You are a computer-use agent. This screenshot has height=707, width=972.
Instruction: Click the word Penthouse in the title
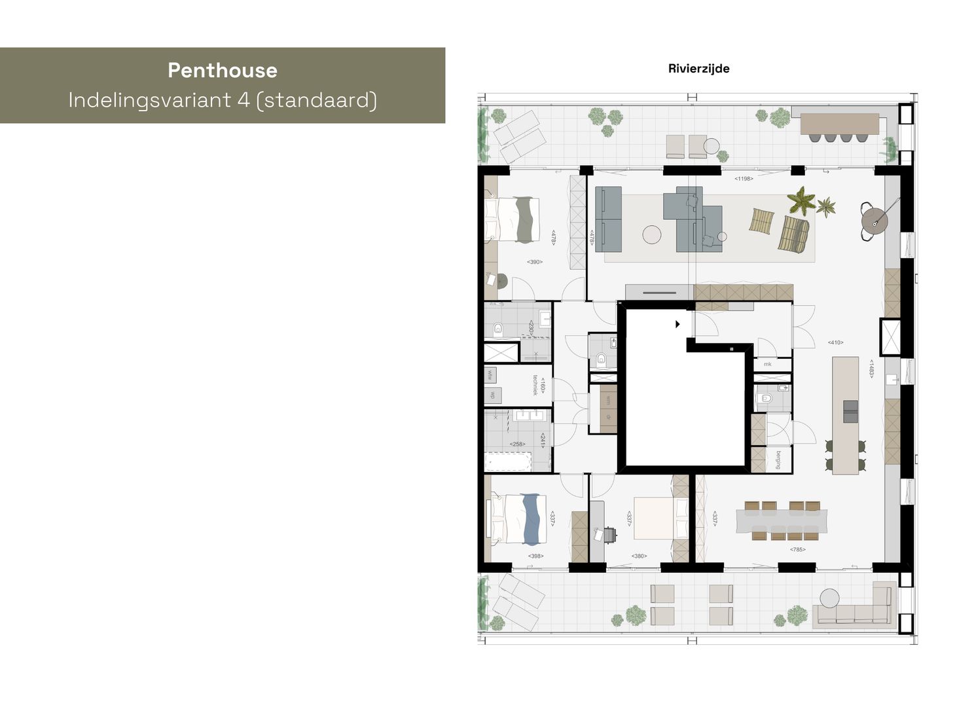pyautogui.click(x=223, y=70)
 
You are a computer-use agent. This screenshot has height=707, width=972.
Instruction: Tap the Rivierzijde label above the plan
pyautogui.click(x=698, y=69)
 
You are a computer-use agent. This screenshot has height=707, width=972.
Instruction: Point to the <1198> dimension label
pyautogui.click(x=743, y=178)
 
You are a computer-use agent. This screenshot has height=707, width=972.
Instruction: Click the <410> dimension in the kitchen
pyautogui.click(x=835, y=342)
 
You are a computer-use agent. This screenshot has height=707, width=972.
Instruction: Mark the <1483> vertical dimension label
pyautogui.click(x=871, y=369)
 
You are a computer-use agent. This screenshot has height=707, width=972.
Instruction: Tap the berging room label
pyautogui.click(x=778, y=460)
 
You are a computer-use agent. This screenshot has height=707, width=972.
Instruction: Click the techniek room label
pyautogui.click(x=535, y=385)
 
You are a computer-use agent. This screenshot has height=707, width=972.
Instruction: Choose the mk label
pyautogui.click(x=767, y=364)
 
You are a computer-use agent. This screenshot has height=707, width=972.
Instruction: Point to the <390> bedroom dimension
pyautogui.click(x=535, y=262)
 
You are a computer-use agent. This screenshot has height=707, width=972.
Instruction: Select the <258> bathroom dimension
pyautogui.click(x=518, y=444)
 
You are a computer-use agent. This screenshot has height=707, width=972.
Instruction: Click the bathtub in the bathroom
pyautogui.click(x=508, y=463)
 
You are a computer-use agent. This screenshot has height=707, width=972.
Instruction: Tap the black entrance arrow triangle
pyautogui.click(x=678, y=324)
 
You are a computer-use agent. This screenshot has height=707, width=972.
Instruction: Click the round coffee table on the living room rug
pyautogui.click(x=653, y=234)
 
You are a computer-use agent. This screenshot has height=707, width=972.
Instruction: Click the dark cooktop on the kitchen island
pyautogui.click(x=850, y=411)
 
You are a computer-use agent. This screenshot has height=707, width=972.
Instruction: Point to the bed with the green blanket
pyautogui.click(x=517, y=219)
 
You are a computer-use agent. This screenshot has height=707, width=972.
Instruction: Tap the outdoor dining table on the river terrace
pyautogui.click(x=839, y=123)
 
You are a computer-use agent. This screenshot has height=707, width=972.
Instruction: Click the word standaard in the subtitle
pyautogui.click(x=319, y=100)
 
